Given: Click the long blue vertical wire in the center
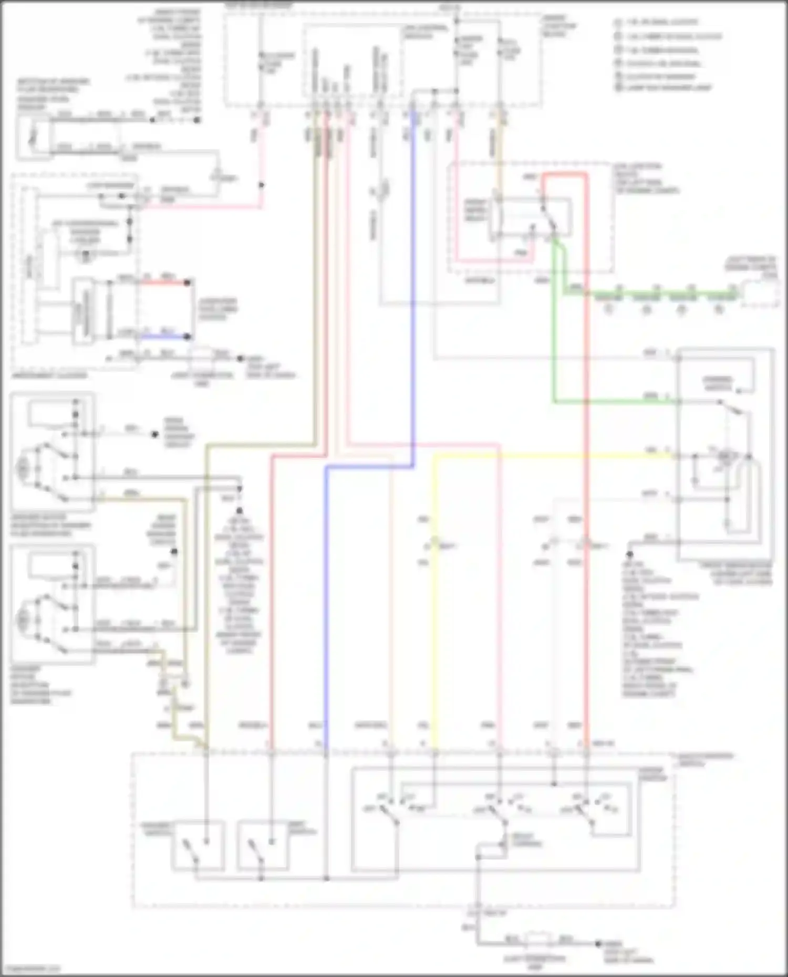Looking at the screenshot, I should [326, 604].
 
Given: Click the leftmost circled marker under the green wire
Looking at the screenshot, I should [608, 309].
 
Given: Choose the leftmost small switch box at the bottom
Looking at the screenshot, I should [198, 845].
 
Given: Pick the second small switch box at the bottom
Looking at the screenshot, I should [263, 845].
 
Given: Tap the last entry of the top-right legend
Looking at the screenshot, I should [662, 88].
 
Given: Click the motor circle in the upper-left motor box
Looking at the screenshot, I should [23, 465].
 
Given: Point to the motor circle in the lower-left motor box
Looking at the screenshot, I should [23, 619].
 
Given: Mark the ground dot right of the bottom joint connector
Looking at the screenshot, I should [598, 943].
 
